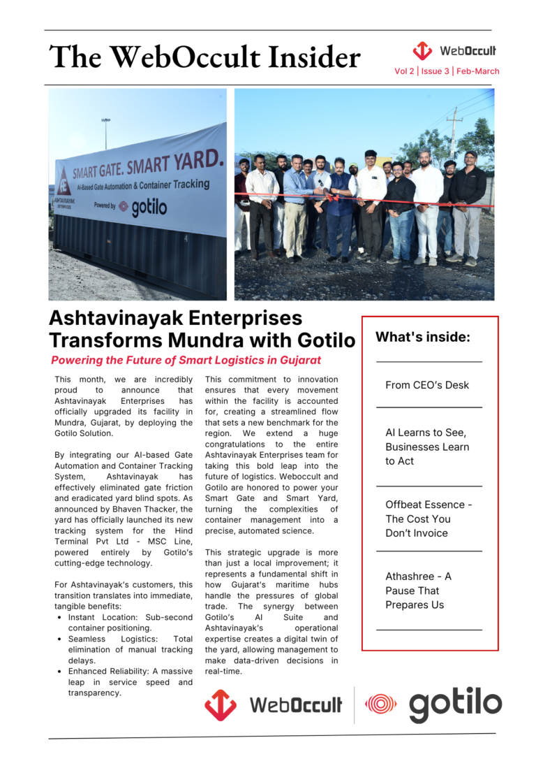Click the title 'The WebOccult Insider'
[204, 57]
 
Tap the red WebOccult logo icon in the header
[422, 51]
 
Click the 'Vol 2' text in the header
[404, 71]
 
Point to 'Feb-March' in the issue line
[478, 71]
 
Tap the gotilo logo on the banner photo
[142, 208]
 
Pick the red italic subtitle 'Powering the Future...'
[186, 361]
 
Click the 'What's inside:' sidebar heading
[423, 338]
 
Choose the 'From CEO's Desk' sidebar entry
[427, 385]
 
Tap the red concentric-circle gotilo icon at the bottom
[381, 704]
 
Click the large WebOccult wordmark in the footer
[296, 704]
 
